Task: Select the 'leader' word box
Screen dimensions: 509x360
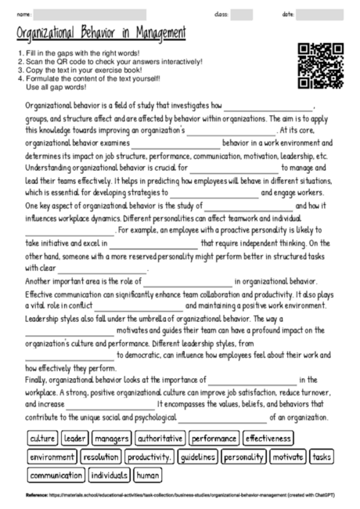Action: coord(75,439)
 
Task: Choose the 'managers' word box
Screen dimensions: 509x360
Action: coord(111,439)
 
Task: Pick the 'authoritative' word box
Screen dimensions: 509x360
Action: coord(160,439)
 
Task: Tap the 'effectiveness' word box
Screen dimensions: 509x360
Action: coord(268,439)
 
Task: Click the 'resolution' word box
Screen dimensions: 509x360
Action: coord(100,457)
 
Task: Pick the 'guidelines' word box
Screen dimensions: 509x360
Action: coord(196,457)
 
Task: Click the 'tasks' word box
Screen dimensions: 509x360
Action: coord(321,457)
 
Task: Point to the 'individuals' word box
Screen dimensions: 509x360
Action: coord(109,475)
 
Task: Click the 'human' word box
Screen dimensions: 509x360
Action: coord(147,475)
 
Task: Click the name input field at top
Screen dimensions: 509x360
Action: coord(90,14)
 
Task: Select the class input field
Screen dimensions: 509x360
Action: coord(242,14)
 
